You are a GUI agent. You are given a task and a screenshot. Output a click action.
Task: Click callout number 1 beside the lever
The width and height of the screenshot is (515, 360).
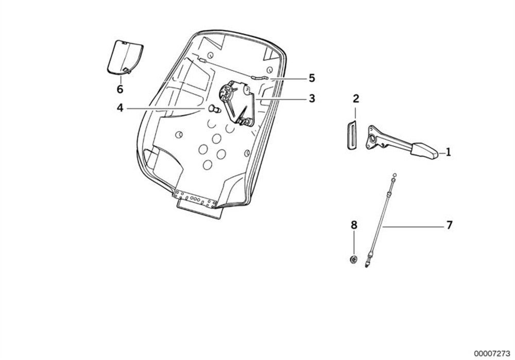click(449, 152)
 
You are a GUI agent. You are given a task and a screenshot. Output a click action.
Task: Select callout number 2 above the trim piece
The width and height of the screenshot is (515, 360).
click(356, 98)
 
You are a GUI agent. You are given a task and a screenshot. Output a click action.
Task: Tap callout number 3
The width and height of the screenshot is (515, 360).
click(312, 98)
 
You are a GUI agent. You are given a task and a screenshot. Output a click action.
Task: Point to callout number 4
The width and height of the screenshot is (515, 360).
click(120, 108)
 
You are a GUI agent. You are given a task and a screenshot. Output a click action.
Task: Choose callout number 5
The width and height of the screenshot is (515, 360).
click(312, 78)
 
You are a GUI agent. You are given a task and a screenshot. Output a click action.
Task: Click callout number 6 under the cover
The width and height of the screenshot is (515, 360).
click(120, 89)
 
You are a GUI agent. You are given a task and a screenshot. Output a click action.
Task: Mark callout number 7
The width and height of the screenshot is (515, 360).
click(449, 225)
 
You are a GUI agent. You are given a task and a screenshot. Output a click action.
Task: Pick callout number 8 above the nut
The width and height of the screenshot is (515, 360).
click(354, 225)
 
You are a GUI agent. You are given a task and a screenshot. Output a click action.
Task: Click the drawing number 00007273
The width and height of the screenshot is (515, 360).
click(492, 353)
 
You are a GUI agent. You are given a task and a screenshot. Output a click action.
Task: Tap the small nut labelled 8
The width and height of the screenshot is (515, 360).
click(354, 260)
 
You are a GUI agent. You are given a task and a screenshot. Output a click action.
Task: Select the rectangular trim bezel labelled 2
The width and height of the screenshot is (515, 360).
click(352, 135)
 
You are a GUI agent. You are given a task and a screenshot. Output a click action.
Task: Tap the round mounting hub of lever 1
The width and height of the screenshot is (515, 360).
click(372, 139)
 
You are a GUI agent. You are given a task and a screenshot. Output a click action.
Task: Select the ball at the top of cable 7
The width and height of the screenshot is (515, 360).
click(394, 175)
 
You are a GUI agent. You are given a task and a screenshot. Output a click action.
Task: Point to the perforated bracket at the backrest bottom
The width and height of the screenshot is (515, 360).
click(195, 199)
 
